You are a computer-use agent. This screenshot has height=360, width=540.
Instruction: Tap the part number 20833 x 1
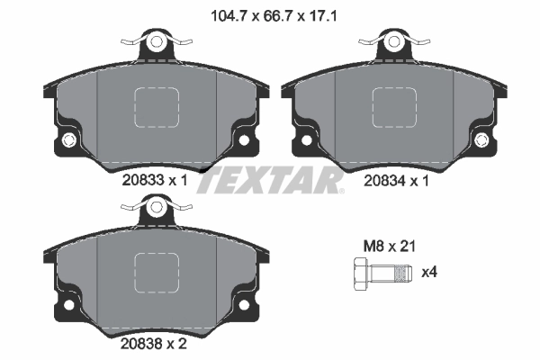(x=154, y=180)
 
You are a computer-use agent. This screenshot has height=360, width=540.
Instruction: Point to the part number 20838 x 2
(x=154, y=343)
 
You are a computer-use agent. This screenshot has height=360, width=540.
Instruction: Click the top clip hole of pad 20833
(x=157, y=41)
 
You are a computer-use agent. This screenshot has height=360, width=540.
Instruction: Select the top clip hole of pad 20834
(x=395, y=41)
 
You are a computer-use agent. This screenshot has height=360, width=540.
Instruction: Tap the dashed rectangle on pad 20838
(x=157, y=274)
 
